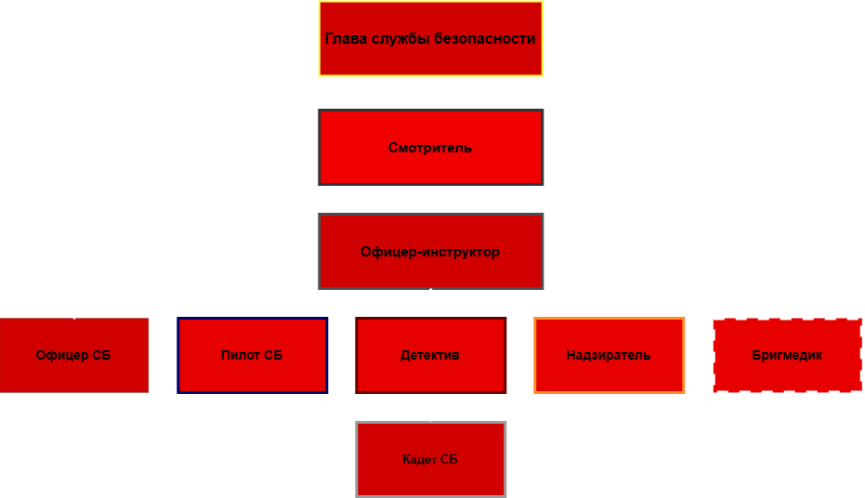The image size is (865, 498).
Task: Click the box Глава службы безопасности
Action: (431, 39)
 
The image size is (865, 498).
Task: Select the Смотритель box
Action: (431, 147)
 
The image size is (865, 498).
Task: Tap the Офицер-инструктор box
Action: (431, 252)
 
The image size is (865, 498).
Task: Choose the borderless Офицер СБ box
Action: (74, 355)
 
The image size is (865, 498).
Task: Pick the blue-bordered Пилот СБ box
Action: (252, 355)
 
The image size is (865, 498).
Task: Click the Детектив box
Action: (431, 355)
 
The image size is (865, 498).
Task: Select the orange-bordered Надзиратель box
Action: (609, 355)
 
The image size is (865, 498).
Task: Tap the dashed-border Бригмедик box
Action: (787, 355)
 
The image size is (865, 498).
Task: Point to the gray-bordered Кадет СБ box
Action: (431, 459)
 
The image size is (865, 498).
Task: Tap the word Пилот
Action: (238, 355)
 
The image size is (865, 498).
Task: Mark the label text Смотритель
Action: (430, 148)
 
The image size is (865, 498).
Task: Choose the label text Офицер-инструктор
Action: (430, 252)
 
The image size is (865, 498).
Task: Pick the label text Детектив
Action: (430, 355)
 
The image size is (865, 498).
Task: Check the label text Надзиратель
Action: (609, 355)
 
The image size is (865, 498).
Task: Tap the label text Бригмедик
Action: (787, 355)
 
